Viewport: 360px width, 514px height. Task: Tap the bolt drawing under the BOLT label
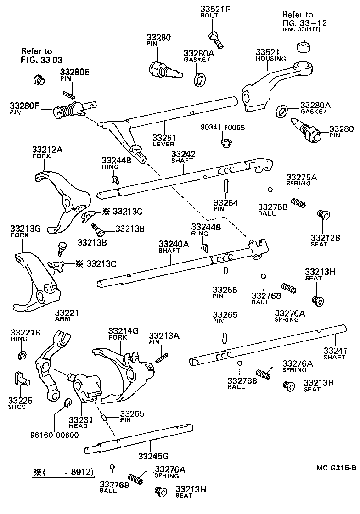[215, 39]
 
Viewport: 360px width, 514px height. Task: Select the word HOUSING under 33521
[271, 59]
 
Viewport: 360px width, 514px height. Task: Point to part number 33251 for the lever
[164, 137]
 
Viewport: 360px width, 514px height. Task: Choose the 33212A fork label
[48, 149]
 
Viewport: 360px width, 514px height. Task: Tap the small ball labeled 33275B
[271, 190]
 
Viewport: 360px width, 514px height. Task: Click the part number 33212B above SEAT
[325, 237]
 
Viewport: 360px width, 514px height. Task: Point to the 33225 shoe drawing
[19, 378]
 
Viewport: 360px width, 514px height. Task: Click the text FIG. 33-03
[41, 60]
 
